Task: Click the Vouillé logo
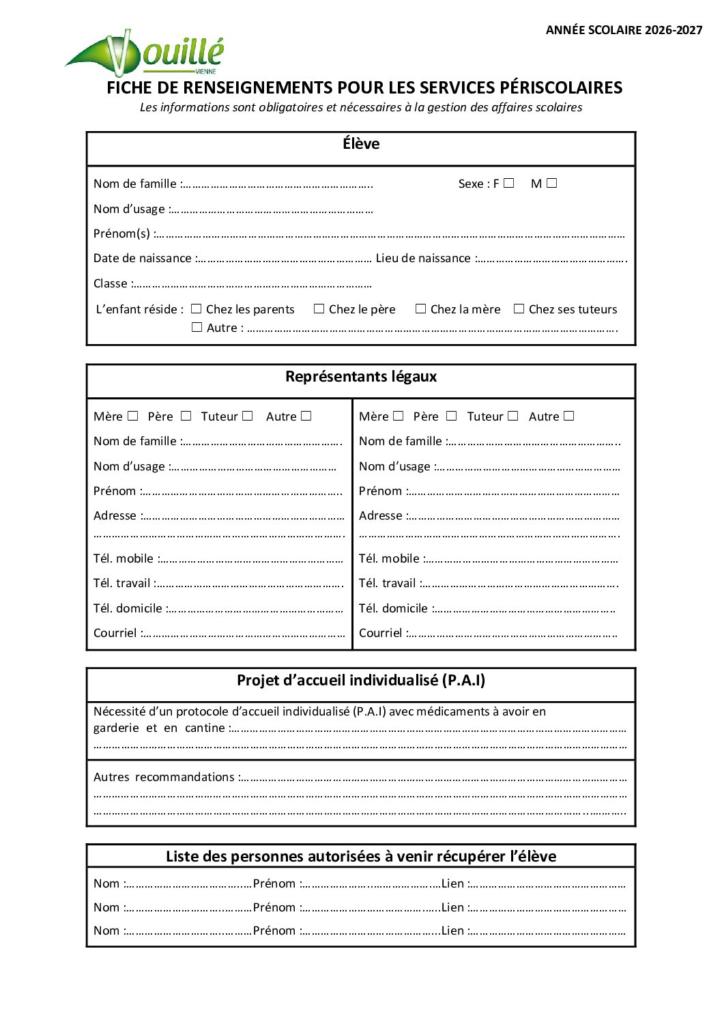pyautogui.click(x=145, y=52)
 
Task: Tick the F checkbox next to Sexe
pyautogui.click(x=509, y=183)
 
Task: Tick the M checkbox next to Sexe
pyautogui.click(x=552, y=183)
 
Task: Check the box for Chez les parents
pyautogui.click(x=197, y=309)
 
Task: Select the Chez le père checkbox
pyautogui.click(x=319, y=309)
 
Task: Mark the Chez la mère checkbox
pyautogui.click(x=421, y=309)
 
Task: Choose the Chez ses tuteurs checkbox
pyautogui.click(x=519, y=309)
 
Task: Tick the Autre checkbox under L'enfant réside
pyautogui.click(x=197, y=327)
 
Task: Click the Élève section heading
pyautogui.click(x=361, y=144)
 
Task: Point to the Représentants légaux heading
pyautogui.click(x=361, y=377)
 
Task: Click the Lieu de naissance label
pyautogui.click(x=423, y=258)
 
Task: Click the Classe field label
pyautogui.click(x=111, y=283)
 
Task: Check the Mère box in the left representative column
pyautogui.click(x=133, y=416)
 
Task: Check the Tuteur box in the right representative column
pyautogui.click(x=513, y=416)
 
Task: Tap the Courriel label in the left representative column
pyautogui.click(x=115, y=633)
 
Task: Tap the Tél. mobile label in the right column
pyautogui.click(x=389, y=558)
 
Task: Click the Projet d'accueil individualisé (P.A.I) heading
pyautogui.click(x=361, y=681)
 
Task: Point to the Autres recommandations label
pyautogui.click(x=164, y=777)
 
